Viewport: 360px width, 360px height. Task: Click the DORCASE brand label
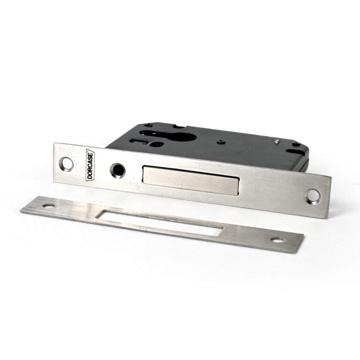tap(90, 165)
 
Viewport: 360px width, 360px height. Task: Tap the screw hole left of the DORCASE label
tap(66, 164)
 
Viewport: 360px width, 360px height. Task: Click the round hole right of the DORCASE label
tap(118, 171)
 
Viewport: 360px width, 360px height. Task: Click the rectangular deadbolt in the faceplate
tap(191, 180)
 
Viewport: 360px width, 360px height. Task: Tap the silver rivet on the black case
tap(277, 142)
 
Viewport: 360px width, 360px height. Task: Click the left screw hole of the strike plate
tap(49, 206)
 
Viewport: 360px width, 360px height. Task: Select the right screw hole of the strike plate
tap(277, 240)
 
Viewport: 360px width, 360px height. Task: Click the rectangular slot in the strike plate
tap(159, 223)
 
